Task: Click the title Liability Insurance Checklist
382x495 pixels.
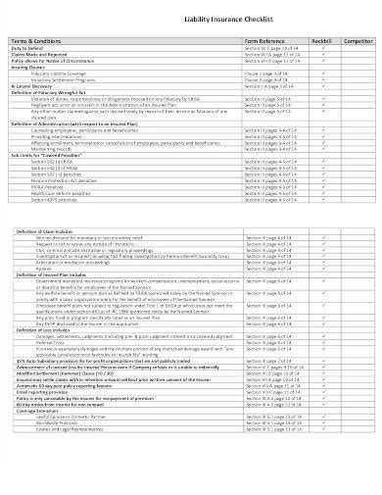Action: pos(190,18)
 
